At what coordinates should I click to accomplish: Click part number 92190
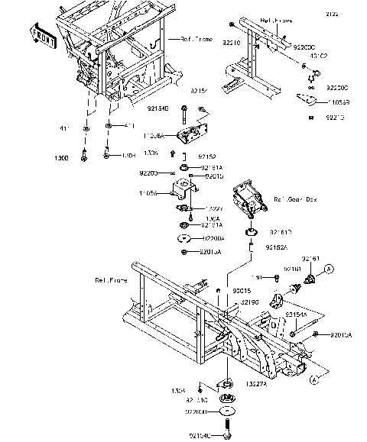(252, 302)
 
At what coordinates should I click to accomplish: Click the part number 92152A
(277, 248)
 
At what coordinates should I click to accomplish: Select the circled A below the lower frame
(313, 379)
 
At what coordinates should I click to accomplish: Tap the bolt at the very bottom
(229, 433)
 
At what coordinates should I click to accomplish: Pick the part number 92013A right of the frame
(342, 335)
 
